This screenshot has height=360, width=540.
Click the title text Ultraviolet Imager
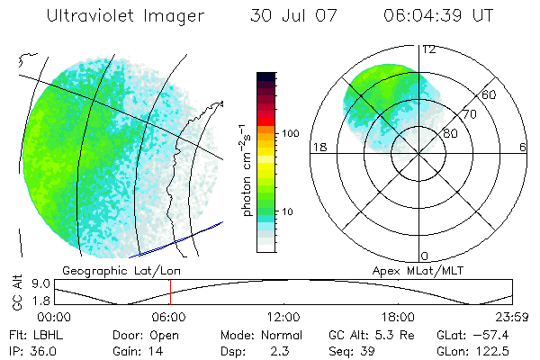[x=125, y=16]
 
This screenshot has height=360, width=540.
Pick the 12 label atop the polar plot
[x=429, y=49]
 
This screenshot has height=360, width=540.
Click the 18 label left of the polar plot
[x=318, y=148]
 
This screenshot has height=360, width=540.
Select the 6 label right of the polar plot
[x=523, y=148]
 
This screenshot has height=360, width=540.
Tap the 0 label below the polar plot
[x=425, y=256]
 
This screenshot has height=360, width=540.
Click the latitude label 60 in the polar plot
[x=489, y=94]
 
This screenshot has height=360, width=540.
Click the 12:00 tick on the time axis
[x=283, y=317]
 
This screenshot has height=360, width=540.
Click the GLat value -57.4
[x=493, y=334]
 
